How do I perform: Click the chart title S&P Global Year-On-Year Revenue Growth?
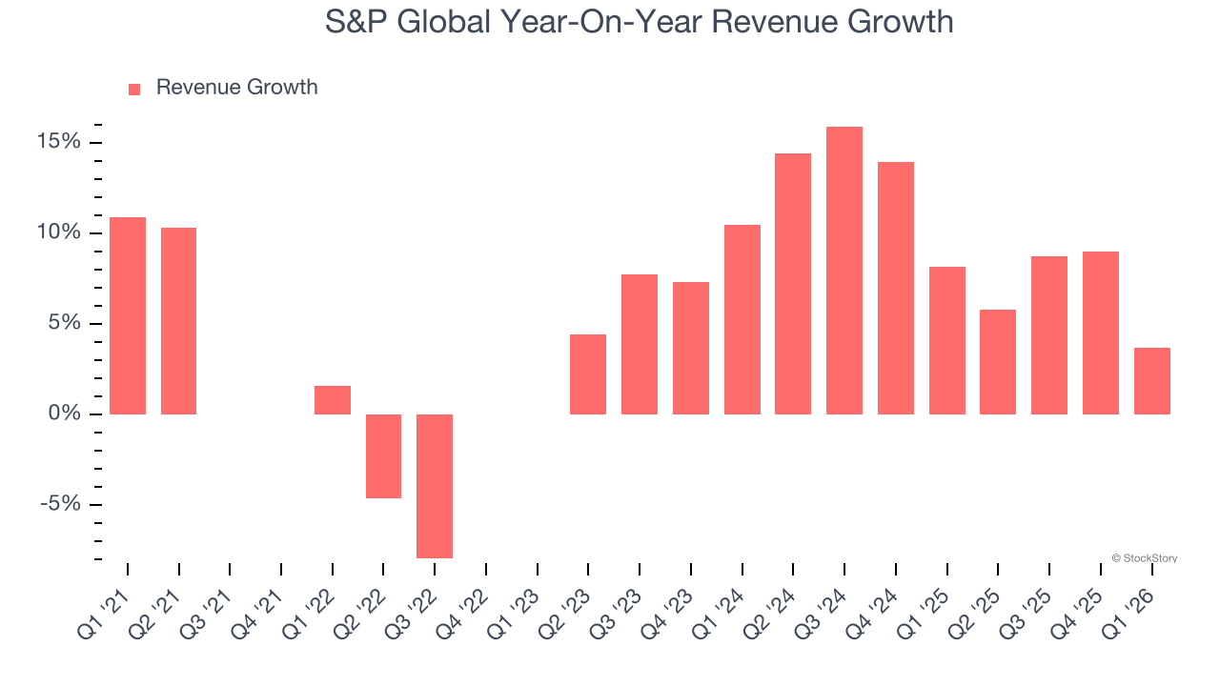[639, 21]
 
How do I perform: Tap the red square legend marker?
[134, 89]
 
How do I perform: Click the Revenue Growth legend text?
[236, 88]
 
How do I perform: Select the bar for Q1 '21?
[128, 315]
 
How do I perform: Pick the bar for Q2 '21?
[178, 321]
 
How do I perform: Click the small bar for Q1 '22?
[333, 400]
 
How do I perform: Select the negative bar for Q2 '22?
[383, 455]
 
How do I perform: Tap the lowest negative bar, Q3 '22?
[435, 486]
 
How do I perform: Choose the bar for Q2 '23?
[588, 374]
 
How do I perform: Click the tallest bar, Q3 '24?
[844, 271]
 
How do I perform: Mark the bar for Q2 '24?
[793, 284]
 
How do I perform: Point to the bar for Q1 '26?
[1152, 381]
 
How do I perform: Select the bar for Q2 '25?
[998, 362]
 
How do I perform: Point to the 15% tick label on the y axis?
[58, 142]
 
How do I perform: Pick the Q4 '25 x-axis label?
[1082, 602]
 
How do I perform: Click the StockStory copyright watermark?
[1144, 558]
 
